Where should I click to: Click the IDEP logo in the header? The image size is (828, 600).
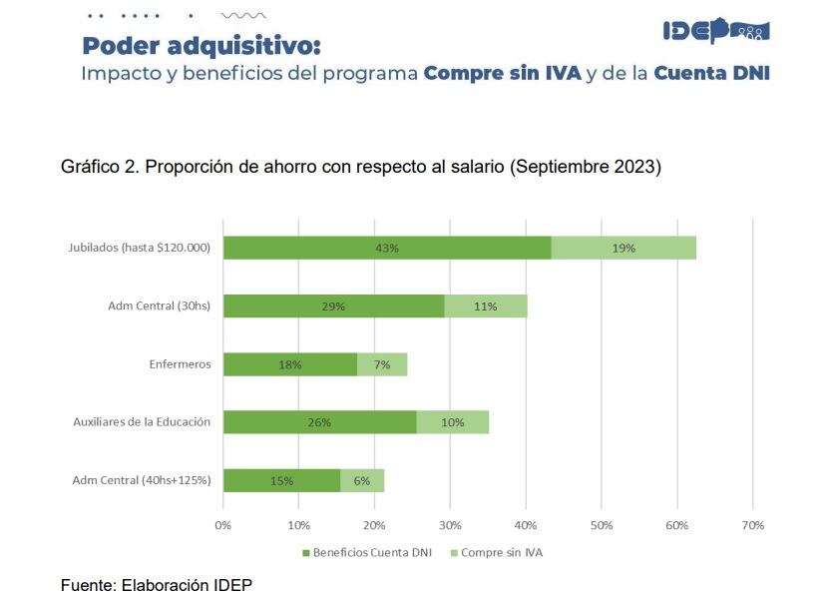715,31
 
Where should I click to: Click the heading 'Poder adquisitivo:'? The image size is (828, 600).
202,46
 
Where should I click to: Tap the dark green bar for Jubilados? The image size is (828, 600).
387,248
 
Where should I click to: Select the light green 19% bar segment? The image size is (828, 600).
623,248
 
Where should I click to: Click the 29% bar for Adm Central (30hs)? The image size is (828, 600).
333,305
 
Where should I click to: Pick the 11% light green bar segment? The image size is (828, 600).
486,305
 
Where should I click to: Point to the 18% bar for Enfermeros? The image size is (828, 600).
289,364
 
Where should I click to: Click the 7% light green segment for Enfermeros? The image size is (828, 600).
382,364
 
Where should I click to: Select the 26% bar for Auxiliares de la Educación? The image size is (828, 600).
319,422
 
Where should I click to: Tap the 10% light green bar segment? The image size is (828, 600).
452,422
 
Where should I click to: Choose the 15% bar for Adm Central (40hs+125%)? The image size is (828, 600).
281,480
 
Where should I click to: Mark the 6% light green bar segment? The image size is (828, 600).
362,480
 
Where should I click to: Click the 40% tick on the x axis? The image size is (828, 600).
526,525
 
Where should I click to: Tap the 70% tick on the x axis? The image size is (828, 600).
753,525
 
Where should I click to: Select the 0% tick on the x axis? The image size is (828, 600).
223,525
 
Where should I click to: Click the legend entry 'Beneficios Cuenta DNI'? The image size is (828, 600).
366,552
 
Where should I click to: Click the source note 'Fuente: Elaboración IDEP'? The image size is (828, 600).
157,584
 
